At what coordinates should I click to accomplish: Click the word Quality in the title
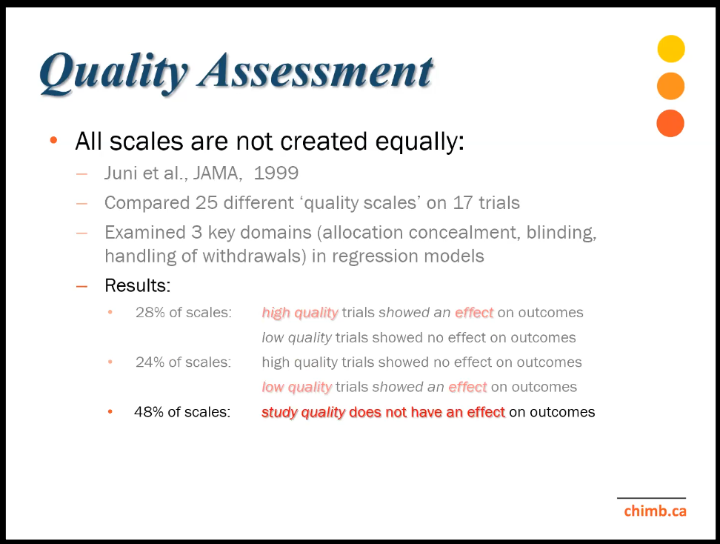(x=114, y=73)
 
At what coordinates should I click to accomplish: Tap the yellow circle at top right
(x=671, y=49)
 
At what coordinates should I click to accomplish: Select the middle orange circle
(x=671, y=86)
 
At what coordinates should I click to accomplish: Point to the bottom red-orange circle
(x=670, y=123)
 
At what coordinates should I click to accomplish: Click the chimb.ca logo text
(x=656, y=511)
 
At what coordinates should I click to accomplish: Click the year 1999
(x=276, y=173)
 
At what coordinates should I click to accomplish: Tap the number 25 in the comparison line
(x=206, y=202)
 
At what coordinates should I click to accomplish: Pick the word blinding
(x=561, y=233)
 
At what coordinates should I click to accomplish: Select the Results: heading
(x=137, y=285)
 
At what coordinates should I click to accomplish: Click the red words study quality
(x=303, y=413)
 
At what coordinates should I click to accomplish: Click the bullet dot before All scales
(x=54, y=140)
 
